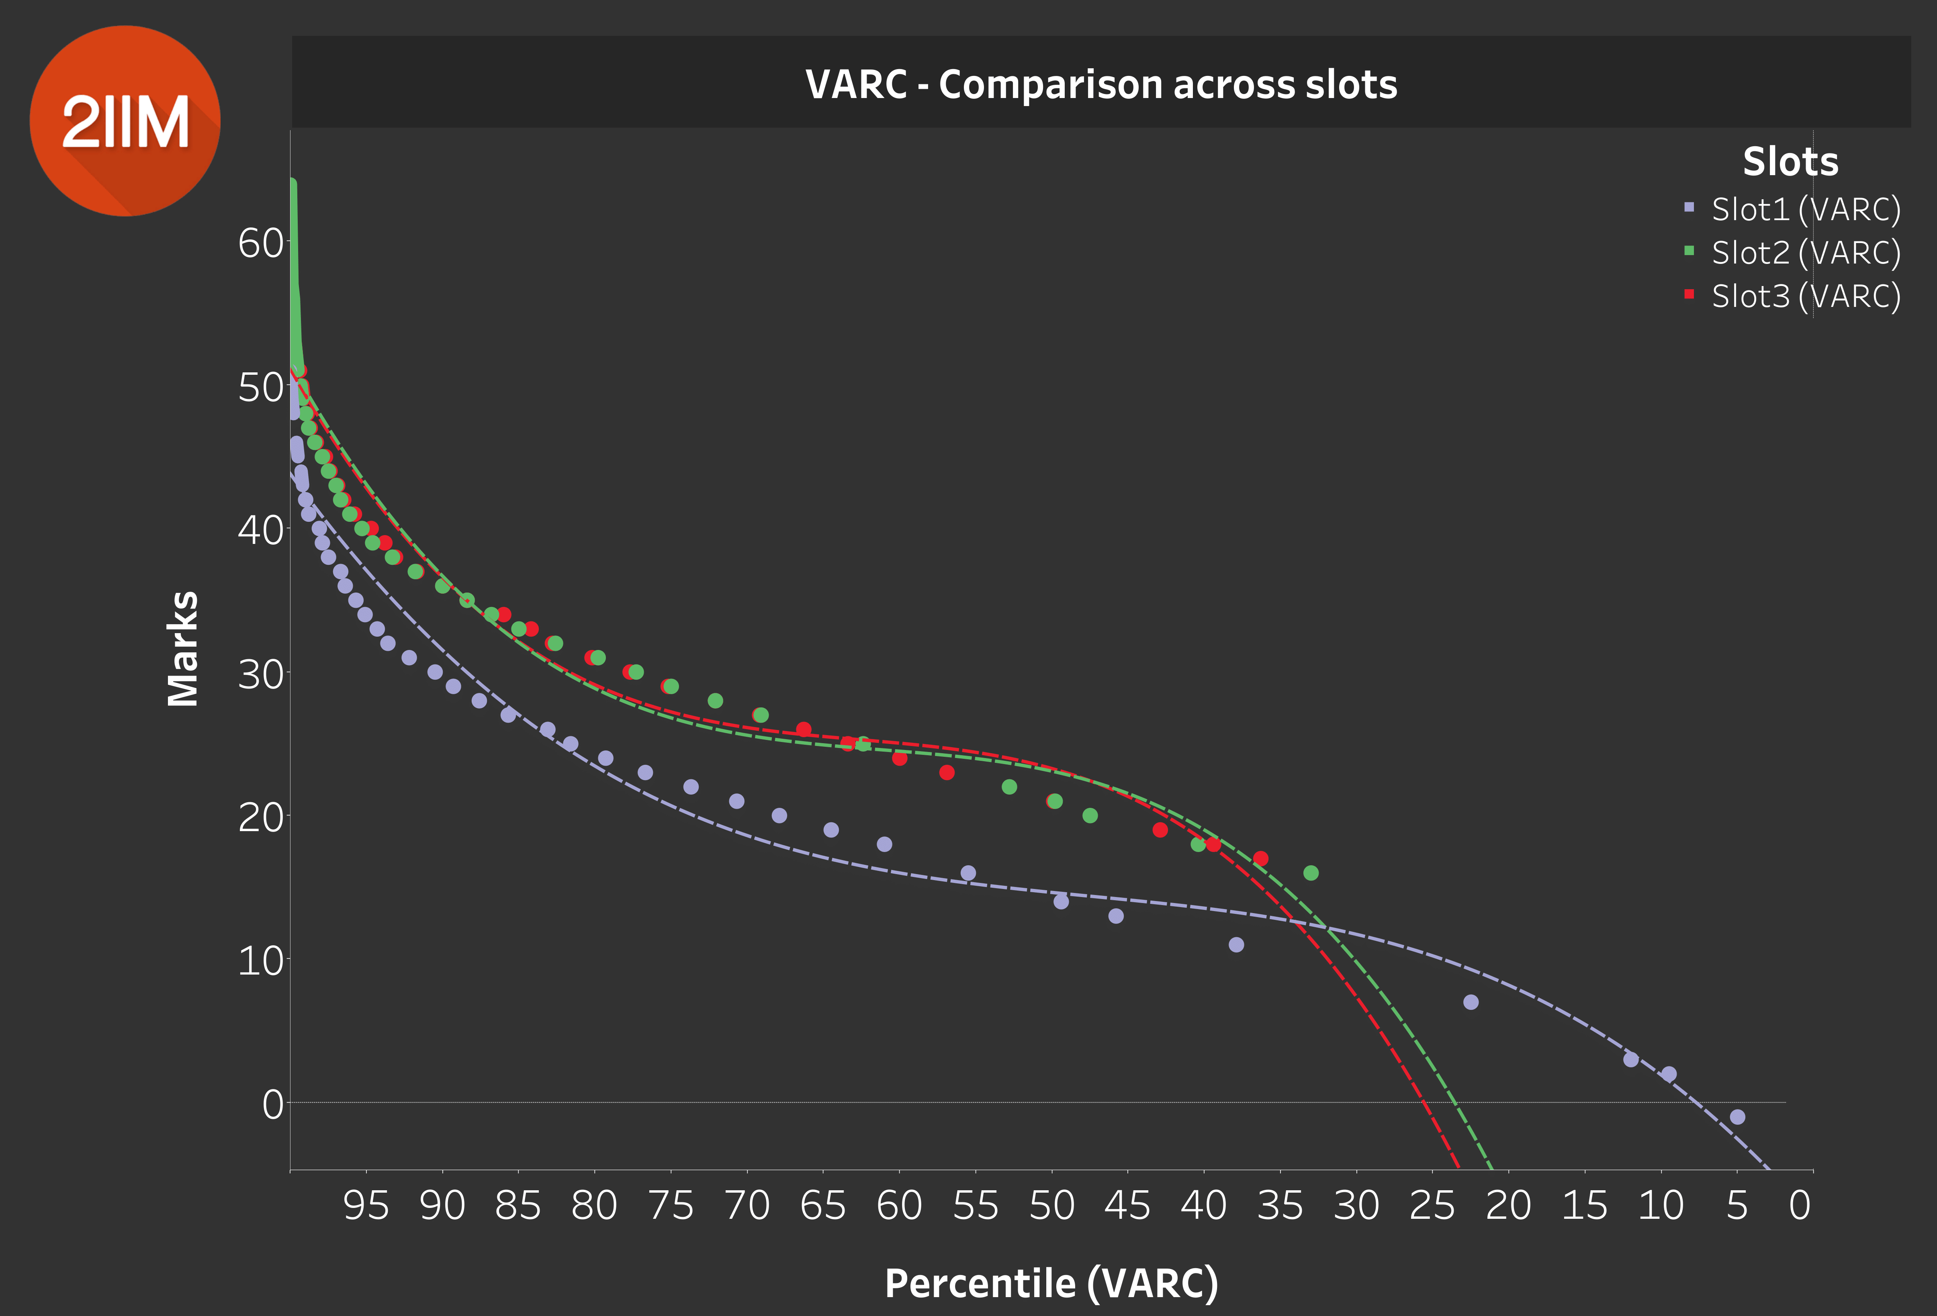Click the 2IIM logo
tap(125, 121)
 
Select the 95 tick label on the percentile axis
tap(366, 1205)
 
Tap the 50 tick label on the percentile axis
tap(1052, 1205)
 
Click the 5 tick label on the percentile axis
tap(1737, 1205)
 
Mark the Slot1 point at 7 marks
tap(1470, 1002)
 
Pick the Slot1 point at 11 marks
tap(1236, 944)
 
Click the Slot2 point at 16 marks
tap(1310, 873)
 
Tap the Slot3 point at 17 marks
tap(1260, 858)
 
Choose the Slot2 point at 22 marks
tap(1008, 787)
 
